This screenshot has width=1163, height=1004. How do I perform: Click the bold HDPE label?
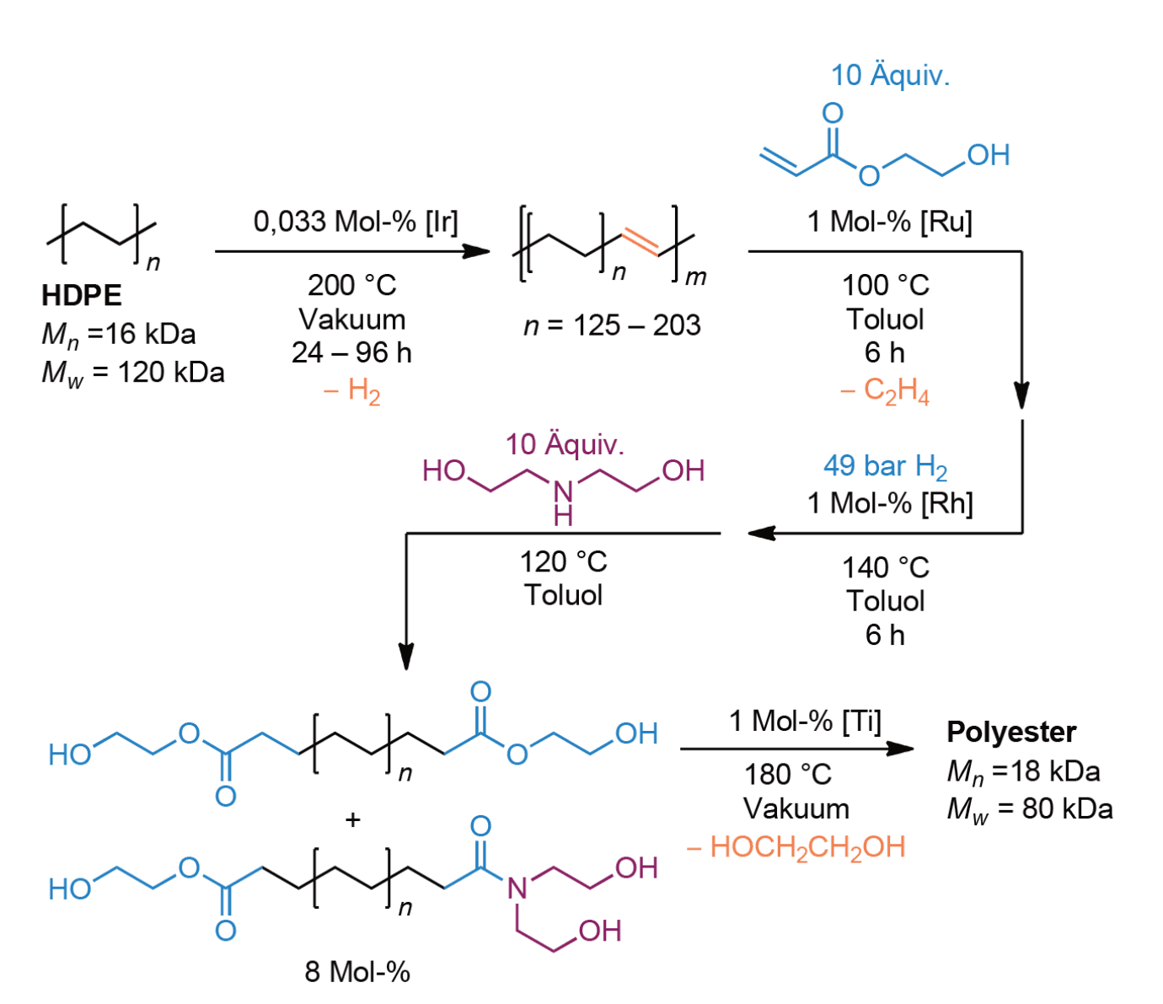(x=82, y=295)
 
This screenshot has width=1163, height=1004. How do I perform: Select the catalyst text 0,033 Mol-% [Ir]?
(x=355, y=222)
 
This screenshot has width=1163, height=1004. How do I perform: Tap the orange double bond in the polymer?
(x=640, y=241)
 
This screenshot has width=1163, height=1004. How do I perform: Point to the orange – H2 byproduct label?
(x=352, y=391)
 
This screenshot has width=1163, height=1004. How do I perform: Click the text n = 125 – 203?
(x=612, y=325)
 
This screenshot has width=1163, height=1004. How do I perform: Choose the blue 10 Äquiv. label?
(x=890, y=75)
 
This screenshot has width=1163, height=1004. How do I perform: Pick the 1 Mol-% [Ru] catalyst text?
(x=890, y=222)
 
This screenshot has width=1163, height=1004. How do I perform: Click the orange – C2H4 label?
(x=885, y=391)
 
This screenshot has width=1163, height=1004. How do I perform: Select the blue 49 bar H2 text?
(x=885, y=466)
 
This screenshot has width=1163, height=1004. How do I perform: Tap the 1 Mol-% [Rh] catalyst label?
(x=890, y=503)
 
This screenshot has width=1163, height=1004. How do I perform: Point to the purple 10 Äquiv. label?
(x=565, y=444)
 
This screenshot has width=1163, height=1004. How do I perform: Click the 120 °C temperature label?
(x=563, y=561)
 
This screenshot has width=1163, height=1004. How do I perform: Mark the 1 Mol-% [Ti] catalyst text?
(x=805, y=722)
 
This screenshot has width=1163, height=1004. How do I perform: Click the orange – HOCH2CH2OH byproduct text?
(x=796, y=847)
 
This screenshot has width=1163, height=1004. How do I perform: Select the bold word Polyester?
(x=1011, y=732)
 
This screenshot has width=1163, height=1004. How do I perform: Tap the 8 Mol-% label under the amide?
(x=357, y=972)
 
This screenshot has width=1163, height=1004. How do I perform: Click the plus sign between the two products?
(x=353, y=819)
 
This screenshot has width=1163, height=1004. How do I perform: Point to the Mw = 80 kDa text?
(x=1030, y=809)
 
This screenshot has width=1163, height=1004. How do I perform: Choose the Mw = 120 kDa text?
(x=133, y=373)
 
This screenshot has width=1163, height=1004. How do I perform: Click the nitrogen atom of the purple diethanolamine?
(x=563, y=491)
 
